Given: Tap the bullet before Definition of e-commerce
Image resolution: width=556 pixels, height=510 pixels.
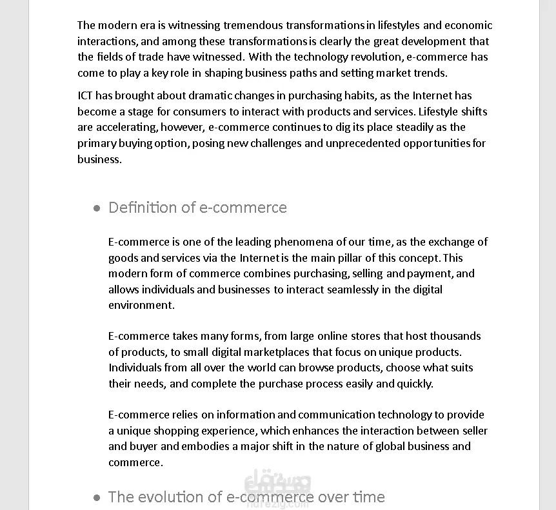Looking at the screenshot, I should click(97, 208).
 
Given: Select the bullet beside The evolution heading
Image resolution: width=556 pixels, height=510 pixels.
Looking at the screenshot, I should click(97, 498).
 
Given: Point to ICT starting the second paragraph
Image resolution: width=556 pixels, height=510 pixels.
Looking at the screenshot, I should click(85, 95).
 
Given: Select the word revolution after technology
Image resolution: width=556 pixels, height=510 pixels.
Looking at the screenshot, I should click(377, 57).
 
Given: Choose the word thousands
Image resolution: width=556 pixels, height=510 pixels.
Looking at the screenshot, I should click(455, 336).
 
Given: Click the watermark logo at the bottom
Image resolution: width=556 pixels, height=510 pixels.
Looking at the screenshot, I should click(278, 491).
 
